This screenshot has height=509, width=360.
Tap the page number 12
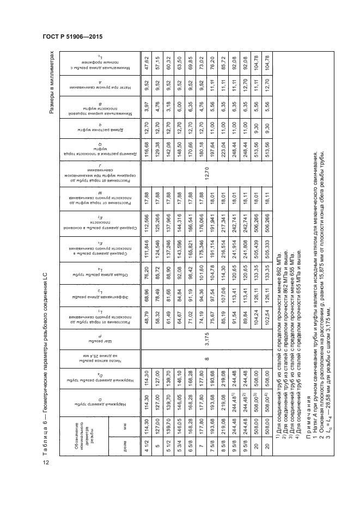pos(47,463)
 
